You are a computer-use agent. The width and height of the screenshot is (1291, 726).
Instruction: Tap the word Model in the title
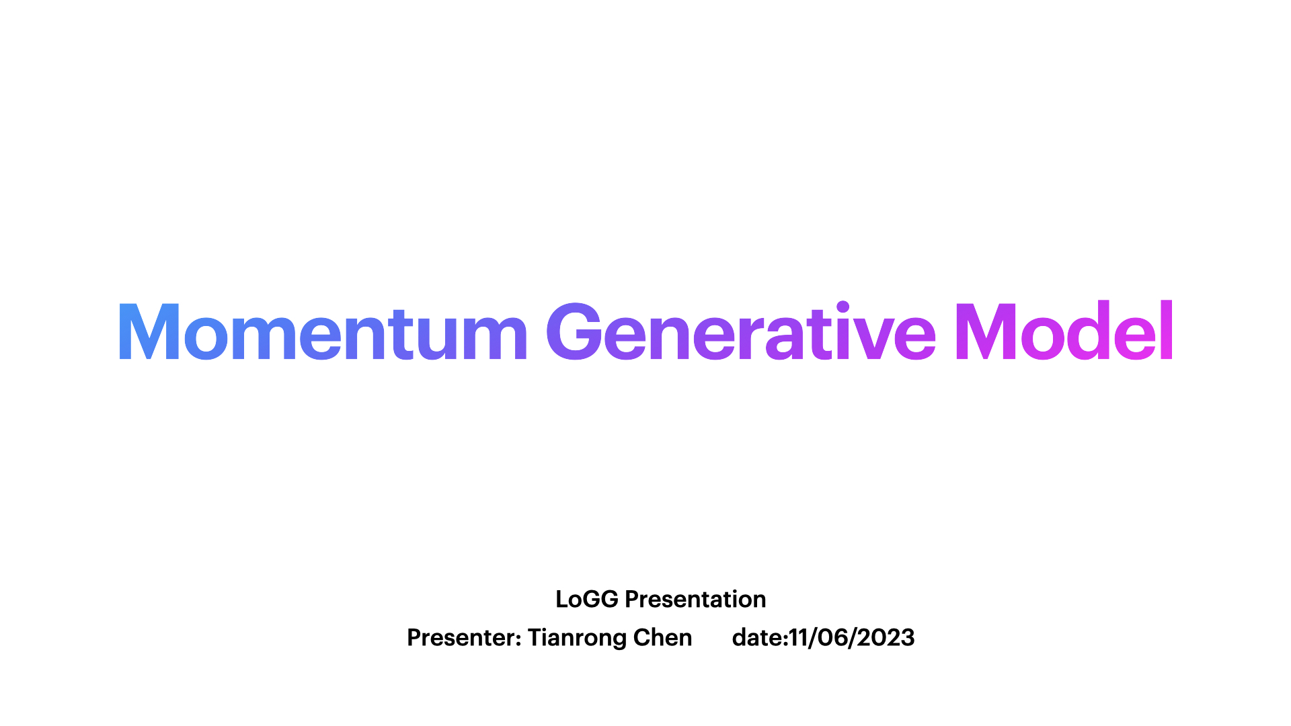pos(1064,330)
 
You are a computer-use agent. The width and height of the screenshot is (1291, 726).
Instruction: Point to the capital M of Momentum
pos(149,331)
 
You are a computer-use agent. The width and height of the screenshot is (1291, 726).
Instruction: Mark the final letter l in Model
pos(1167,329)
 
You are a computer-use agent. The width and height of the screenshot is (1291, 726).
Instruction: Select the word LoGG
pos(587,599)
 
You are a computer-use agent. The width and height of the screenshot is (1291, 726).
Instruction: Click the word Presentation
pos(695,599)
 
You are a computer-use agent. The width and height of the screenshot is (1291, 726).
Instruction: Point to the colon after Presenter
pos(518,640)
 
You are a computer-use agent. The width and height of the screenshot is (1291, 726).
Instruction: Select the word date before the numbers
pos(757,637)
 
